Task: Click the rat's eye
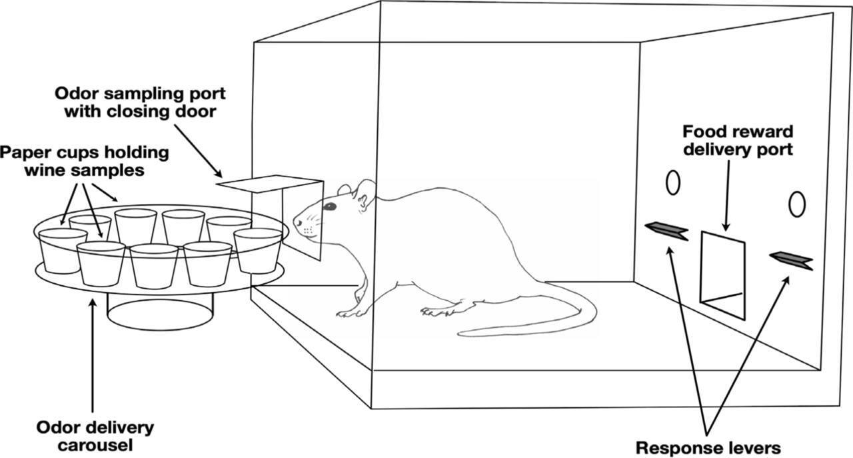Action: click(x=329, y=207)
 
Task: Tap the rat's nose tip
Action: click(x=295, y=221)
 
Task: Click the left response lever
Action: click(x=667, y=231)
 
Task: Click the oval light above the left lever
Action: click(x=673, y=183)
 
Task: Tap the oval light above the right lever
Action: click(x=797, y=204)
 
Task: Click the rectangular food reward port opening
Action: click(x=723, y=275)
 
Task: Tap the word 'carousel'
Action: click(x=95, y=445)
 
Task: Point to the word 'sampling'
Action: click(x=143, y=94)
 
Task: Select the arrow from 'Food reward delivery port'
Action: click(x=727, y=195)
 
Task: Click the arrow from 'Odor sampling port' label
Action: click(x=198, y=151)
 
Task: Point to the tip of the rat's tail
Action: click(x=458, y=334)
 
